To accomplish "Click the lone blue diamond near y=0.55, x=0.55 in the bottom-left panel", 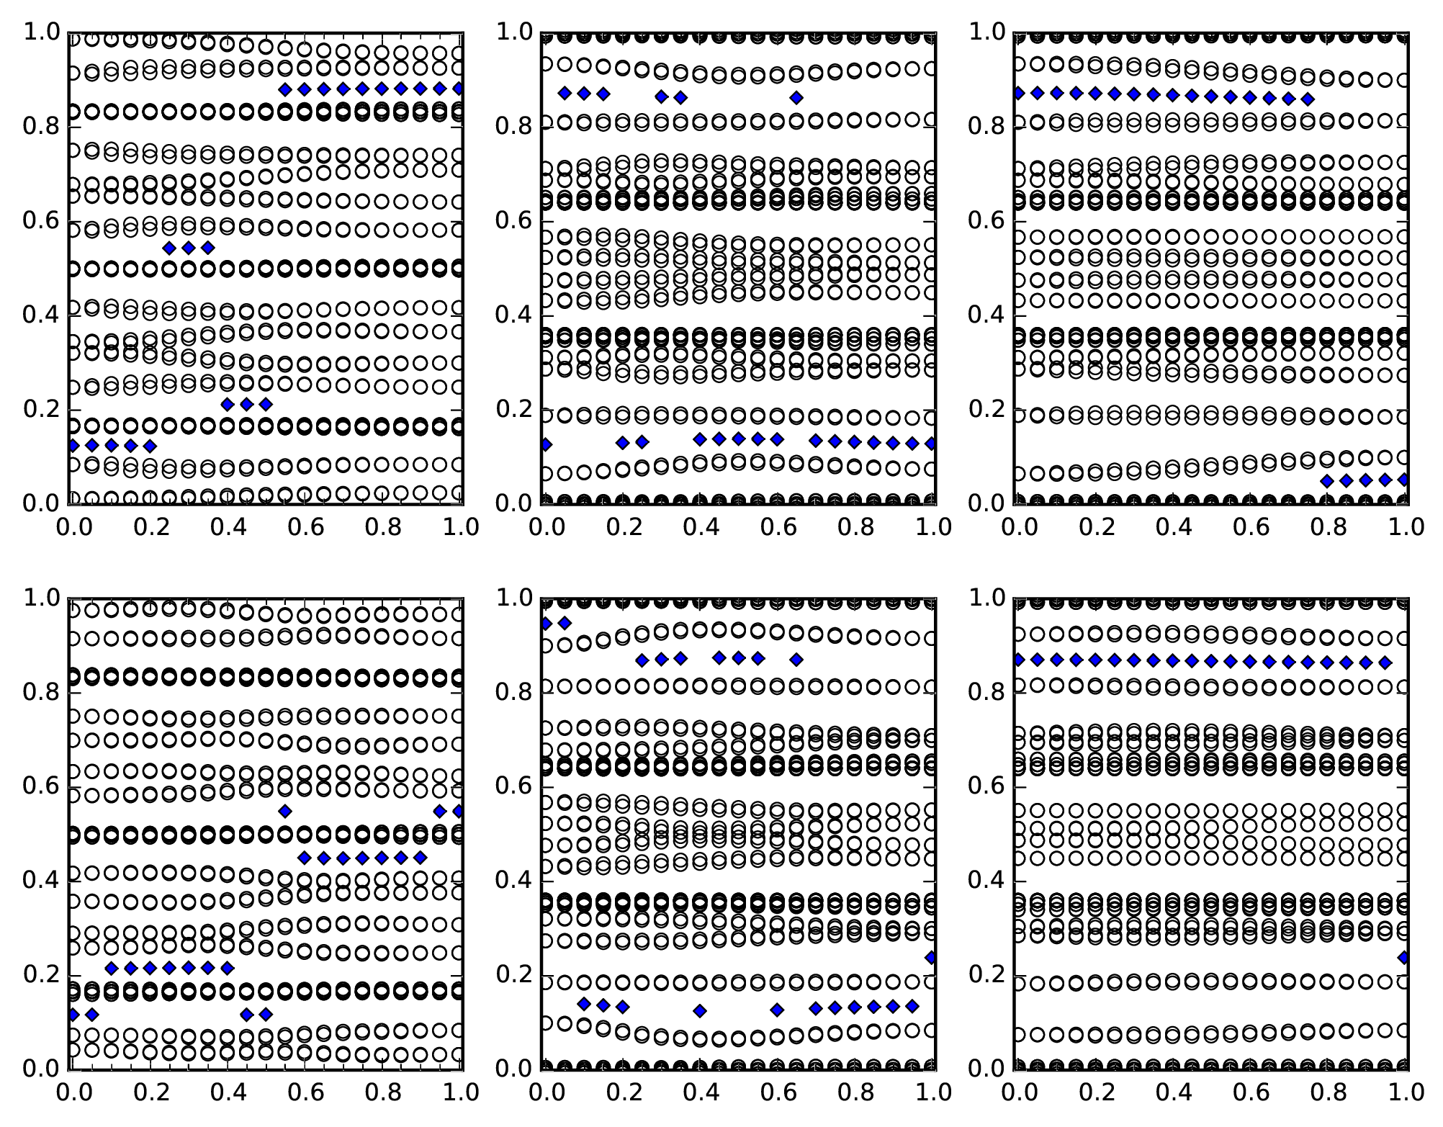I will coord(285,811).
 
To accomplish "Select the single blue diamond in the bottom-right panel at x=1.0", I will coord(1403,957).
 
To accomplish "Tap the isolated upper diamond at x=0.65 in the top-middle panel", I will coord(796,97).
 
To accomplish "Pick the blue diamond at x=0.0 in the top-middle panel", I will coord(546,444).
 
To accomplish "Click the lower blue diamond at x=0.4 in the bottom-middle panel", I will coord(700,1010).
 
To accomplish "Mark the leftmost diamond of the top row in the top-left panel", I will coord(285,89).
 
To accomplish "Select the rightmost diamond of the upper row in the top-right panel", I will coord(1308,99).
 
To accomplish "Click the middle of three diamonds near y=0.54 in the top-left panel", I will coord(189,248).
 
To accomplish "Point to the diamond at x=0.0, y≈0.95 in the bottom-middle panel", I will coord(546,623).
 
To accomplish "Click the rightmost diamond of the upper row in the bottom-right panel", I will coord(1385,663).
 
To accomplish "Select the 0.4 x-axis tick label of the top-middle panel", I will coord(700,527).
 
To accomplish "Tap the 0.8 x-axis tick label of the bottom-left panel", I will coord(382,1092).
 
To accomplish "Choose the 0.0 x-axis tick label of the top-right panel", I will coord(1018,527).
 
